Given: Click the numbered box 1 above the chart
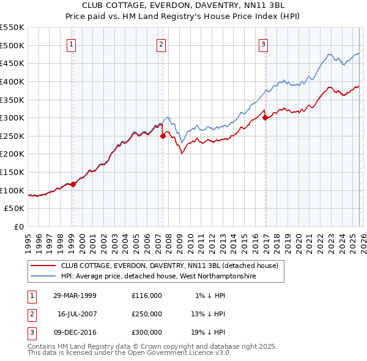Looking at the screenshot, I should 72,44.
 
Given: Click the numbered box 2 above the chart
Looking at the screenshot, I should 161,44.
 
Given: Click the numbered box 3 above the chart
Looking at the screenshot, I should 263,44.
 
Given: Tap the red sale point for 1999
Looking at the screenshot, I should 73,184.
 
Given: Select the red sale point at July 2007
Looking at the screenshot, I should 163,136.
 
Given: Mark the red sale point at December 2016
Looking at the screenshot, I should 265,118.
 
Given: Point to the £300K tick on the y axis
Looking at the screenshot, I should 12,117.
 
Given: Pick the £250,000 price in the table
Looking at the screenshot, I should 146,314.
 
